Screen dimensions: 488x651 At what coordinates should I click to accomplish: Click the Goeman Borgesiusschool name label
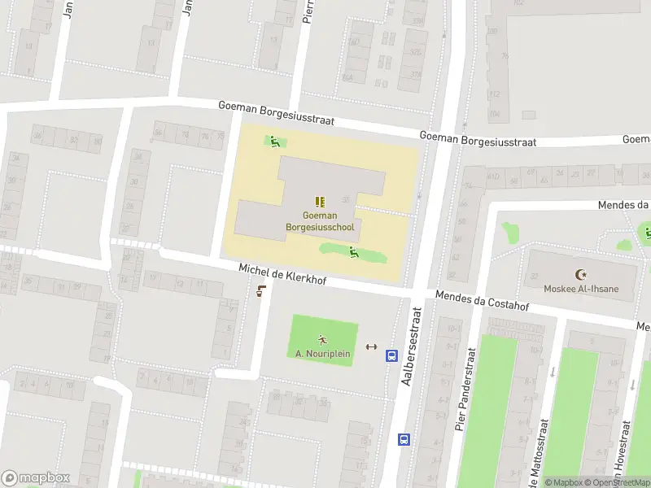(320, 221)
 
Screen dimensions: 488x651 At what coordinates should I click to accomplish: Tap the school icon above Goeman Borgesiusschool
(320, 201)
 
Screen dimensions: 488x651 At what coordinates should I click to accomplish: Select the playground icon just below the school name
(354, 252)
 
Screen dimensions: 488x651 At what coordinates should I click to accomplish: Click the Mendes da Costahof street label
(483, 301)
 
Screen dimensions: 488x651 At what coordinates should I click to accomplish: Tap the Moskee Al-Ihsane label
(580, 289)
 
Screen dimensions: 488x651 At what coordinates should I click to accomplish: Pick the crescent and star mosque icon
(580, 275)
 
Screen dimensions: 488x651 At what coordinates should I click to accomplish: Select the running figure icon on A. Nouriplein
(322, 339)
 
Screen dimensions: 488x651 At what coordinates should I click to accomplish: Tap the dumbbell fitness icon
(372, 346)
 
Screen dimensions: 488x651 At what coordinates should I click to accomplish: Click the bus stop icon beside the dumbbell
(391, 355)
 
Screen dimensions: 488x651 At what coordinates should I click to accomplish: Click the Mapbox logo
(36, 478)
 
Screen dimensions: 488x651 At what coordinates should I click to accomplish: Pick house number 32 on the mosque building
(535, 277)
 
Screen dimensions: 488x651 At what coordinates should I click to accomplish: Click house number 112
(494, 94)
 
